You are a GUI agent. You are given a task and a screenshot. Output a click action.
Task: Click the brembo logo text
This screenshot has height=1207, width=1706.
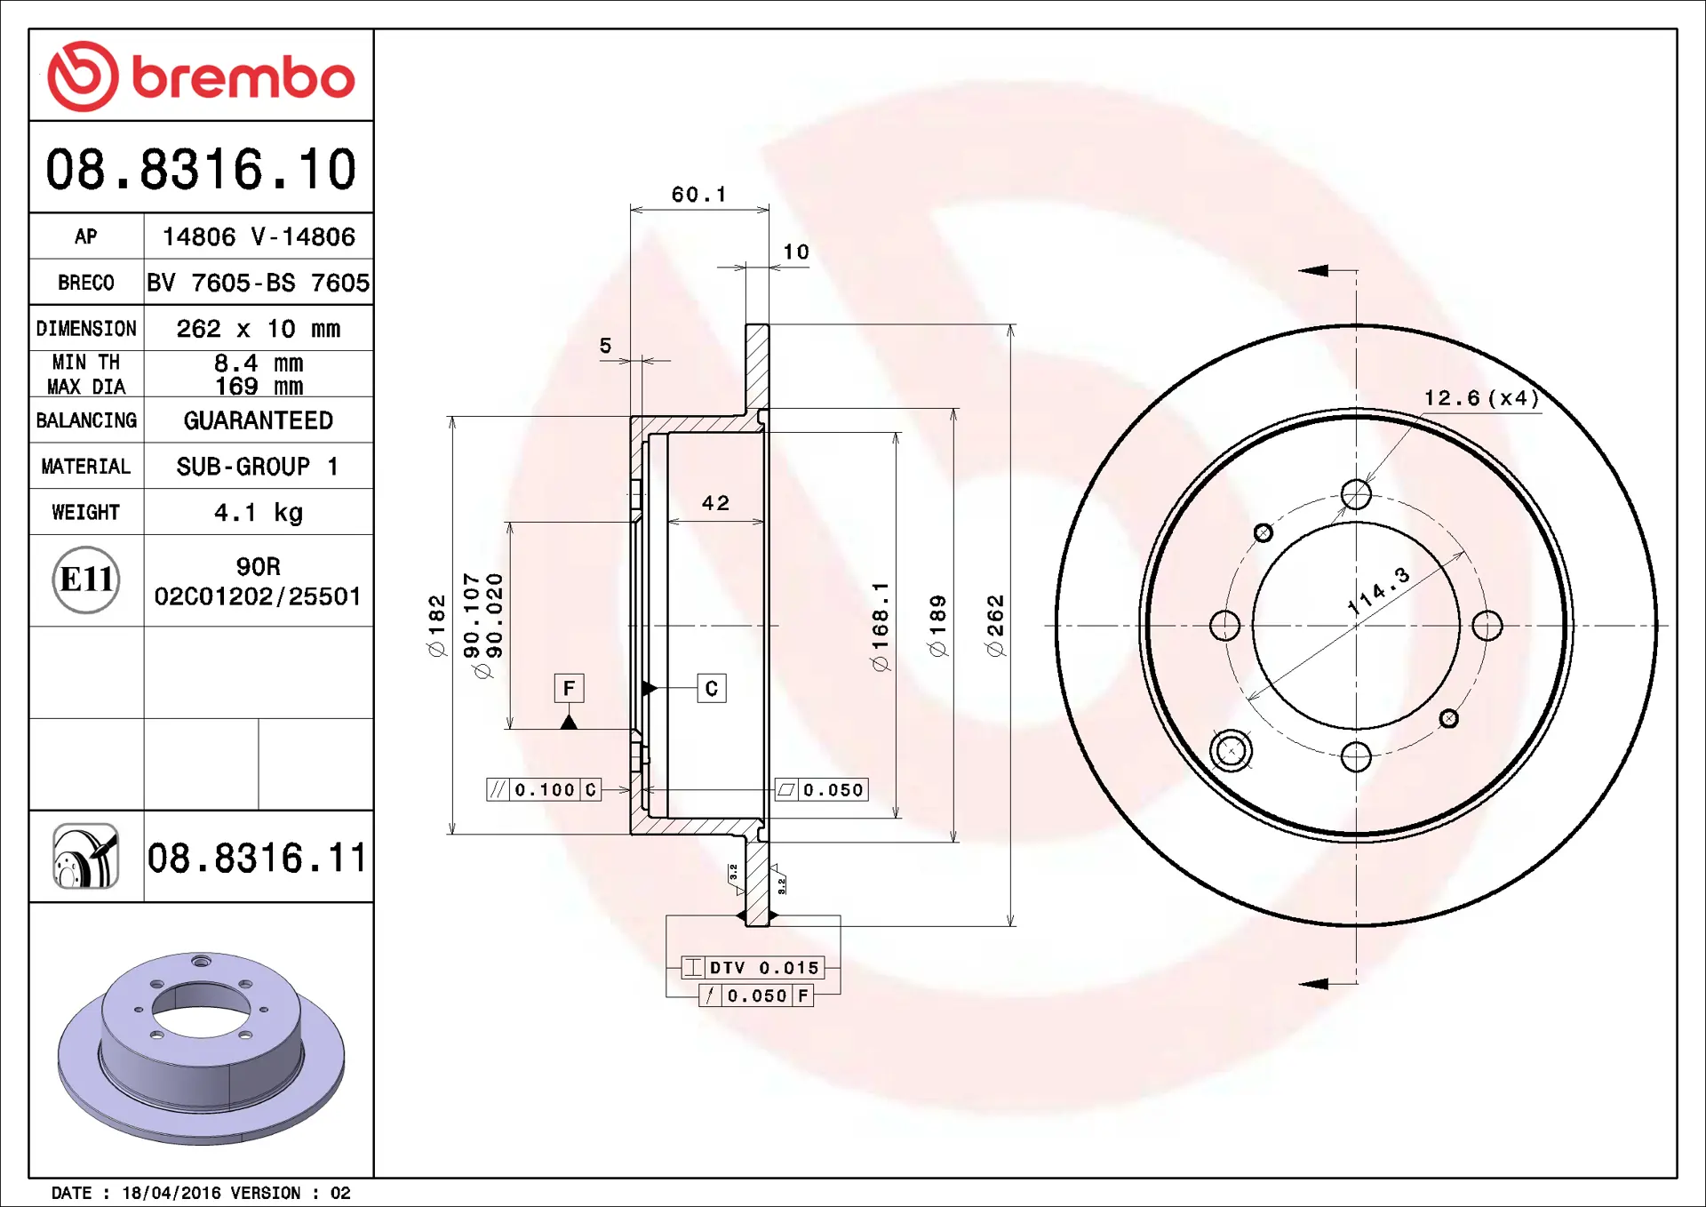243,77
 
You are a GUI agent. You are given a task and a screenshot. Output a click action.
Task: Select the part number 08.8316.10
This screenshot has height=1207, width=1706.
201,169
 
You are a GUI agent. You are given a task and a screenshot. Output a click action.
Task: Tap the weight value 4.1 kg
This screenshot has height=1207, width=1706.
258,513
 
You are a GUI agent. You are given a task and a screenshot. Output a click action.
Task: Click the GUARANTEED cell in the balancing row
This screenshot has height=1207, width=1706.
258,420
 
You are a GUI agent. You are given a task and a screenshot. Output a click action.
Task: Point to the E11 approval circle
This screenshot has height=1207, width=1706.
86,580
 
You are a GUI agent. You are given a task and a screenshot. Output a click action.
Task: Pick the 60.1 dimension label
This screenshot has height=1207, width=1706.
698,195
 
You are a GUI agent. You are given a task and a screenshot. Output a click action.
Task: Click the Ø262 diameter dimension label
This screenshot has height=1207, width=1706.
995,626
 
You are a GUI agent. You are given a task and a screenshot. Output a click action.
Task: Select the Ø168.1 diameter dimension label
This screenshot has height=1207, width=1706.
880,627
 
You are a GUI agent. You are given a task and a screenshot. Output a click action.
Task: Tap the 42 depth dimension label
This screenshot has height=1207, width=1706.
715,503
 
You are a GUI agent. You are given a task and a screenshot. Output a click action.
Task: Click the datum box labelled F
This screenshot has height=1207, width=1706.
569,688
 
